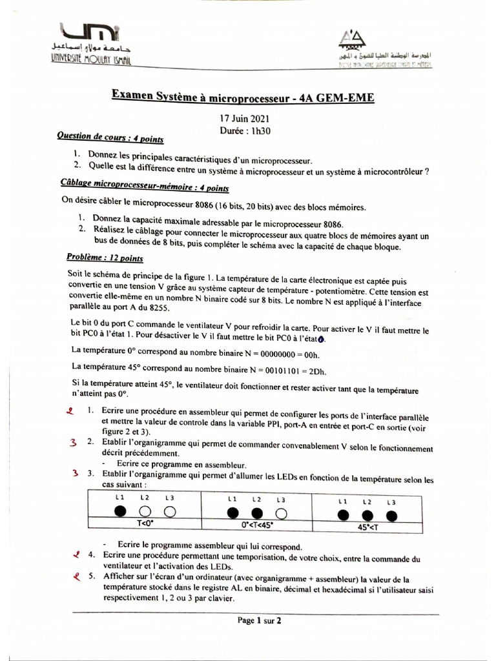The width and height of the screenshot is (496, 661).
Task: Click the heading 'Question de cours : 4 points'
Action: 110,138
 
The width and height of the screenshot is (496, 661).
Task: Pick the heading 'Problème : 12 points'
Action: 105,258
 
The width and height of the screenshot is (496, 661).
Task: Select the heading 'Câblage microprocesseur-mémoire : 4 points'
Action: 144,187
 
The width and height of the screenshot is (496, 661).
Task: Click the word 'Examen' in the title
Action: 132,95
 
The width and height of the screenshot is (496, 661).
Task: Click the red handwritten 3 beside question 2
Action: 74,443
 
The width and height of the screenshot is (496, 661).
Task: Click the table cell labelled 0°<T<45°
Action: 257,525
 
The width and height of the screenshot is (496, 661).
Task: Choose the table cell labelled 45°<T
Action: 367,525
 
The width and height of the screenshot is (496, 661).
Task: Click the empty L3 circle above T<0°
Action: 169,512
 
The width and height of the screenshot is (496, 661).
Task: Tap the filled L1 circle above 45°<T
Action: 343,514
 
